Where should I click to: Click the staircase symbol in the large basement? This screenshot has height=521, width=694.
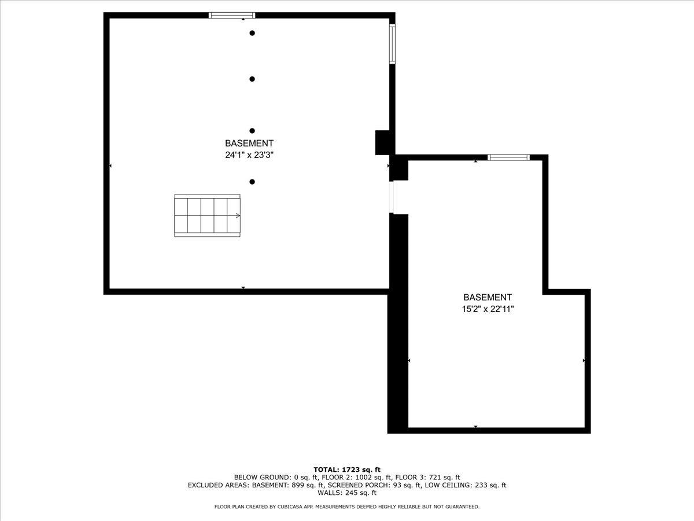click(x=207, y=215)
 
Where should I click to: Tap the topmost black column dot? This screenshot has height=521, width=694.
click(x=252, y=33)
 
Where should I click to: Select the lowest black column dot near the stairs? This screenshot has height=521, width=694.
click(x=252, y=182)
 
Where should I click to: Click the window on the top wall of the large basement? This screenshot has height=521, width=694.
click(x=231, y=15)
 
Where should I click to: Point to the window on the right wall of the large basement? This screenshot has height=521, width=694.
click(x=392, y=43)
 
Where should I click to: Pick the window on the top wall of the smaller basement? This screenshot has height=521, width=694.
click(x=508, y=157)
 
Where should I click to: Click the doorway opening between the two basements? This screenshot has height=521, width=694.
click(x=392, y=197)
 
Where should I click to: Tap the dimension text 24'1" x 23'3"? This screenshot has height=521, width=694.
click(x=249, y=155)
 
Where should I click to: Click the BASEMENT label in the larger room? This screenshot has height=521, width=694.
click(x=249, y=143)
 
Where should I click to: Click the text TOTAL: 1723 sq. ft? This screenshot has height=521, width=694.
click(x=347, y=469)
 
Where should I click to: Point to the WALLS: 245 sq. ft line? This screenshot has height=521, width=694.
click(x=347, y=493)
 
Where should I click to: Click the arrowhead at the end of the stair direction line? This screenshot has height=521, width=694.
click(x=238, y=215)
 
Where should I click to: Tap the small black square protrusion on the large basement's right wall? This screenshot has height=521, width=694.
click(x=382, y=142)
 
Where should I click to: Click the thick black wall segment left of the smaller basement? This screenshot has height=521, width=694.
click(x=397, y=324)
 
